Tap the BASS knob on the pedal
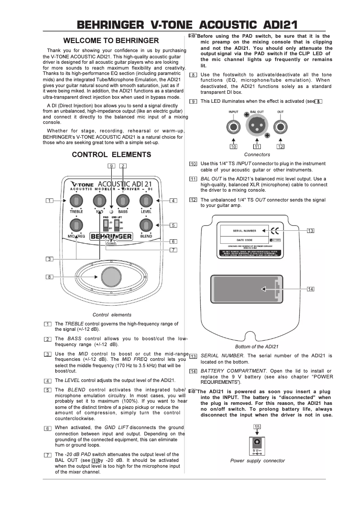pos(123,200)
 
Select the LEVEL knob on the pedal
pos(146,200)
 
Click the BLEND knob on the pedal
pos(146,225)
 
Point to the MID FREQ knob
pos(76,225)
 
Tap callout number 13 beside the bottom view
pos(311,231)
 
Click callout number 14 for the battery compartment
pos(311,289)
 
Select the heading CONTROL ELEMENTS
pos(112,155)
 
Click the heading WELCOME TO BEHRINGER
pos(111,40)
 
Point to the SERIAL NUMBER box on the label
pos(244,231)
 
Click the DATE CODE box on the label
pos(244,240)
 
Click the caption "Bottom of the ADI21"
pos(257,347)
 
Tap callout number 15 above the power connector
pos(257,426)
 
